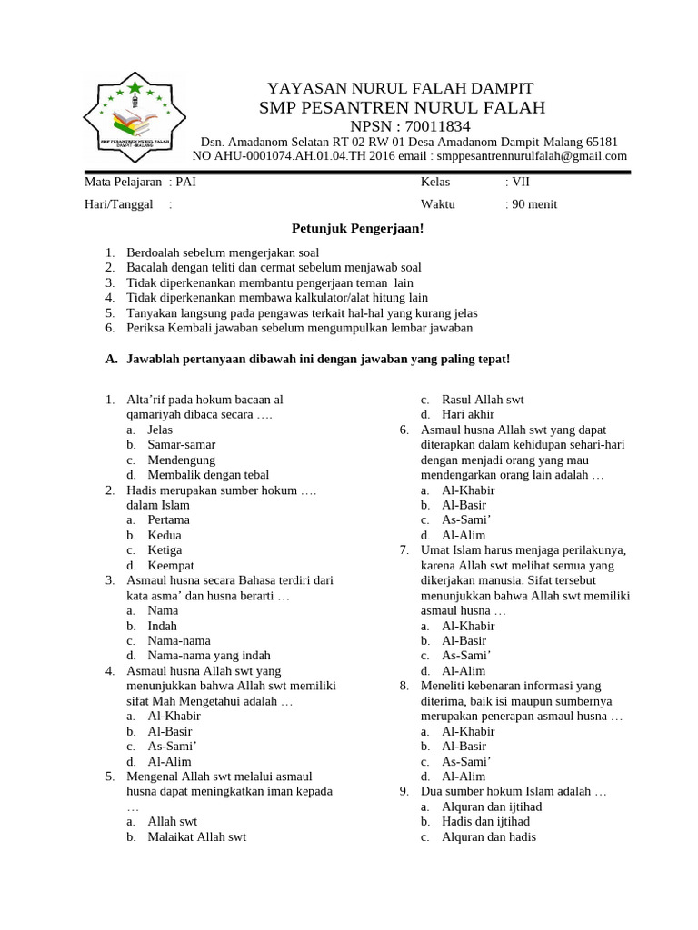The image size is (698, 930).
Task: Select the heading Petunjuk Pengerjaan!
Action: click(x=357, y=229)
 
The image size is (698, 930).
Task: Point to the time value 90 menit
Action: click(x=531, y=204)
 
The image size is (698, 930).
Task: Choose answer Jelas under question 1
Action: click(x=160, y=430)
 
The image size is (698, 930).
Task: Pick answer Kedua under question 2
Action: click(x=165, y=535)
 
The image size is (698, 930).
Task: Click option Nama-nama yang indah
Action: click(x=208, y=656)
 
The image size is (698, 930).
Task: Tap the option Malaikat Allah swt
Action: click(x=196, y=837)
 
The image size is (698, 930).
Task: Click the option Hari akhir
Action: click(x=467, y=414)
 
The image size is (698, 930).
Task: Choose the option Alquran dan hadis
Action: click(x=488, y=837)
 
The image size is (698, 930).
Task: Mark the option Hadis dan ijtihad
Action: click(x=485, y=822)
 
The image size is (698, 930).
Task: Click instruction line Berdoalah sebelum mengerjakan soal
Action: click(x=223, y=252)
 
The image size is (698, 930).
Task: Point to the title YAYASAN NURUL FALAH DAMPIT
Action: click(x=400, y=88)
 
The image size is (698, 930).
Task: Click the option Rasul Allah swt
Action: click(x=482, y=400)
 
